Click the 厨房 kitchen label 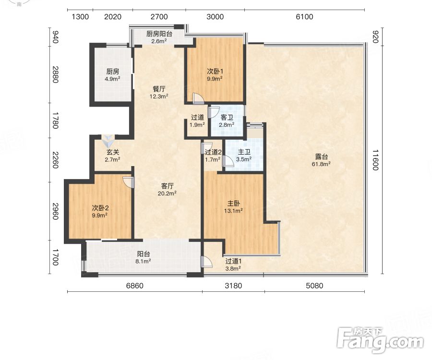point(113,72)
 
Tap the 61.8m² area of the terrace point(321,164)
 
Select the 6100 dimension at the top point(304,17)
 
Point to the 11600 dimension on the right point(375,160)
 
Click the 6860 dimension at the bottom point(135,286)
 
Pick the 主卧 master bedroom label point(233,204)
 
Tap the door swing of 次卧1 point(198,98)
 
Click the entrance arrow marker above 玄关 point(108,141)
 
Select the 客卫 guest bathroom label point(227,118)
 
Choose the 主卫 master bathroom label point(244,152)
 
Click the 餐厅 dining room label point(159,89)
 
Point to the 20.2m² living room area point(167,193)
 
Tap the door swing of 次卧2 point(129,182)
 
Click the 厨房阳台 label point(159,34)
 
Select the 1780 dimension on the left point(55,120)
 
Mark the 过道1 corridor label point(233,261)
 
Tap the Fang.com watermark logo point(380,340)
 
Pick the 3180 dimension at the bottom point(233,286)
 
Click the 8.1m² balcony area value point(143,261)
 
